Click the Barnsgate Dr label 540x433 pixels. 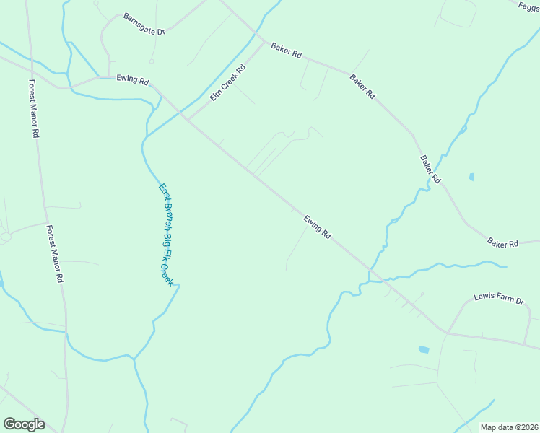click(x=144, y=24)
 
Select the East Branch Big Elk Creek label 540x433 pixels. click(x=167, y=234)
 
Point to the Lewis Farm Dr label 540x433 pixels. click(x=498, y=297)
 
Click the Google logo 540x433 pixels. click(x=24, y=424)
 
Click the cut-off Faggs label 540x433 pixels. click(x=529, y=6)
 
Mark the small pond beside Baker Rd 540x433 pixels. click(x=471, y=176)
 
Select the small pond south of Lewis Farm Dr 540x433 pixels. click(x=423, y=350)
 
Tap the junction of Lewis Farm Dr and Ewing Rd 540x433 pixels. click(x=447, y=333)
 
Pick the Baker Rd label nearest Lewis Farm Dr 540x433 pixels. click(x=502, y=244)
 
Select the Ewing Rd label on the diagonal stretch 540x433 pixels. click(x=317, y=227)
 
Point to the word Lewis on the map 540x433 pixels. click(x=484, y=296)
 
